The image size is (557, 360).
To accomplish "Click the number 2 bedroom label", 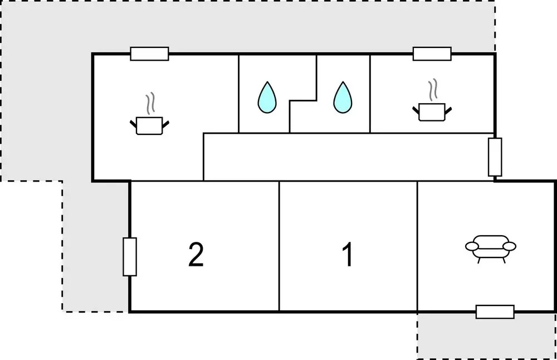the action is click(x=196, y=254).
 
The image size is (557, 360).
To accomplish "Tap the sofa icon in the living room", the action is click(x=491, y=248).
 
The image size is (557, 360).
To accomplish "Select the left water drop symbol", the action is click(x=266, y=98).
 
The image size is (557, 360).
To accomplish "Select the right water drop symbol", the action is click(x=343, y=98).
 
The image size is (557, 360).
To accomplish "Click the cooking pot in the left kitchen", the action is click(x=149, y=125).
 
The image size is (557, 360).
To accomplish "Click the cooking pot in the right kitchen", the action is click(x=432, y=112).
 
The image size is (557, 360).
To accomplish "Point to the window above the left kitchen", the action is click(x=149, y=53).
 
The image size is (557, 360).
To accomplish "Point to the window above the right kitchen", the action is click(x=432, y=53).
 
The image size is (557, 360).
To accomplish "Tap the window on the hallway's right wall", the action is click(x=495, y=157).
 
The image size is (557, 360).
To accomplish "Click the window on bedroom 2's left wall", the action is click(x=130, y=256).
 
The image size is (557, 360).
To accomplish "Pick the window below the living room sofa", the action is click(x=495, y=312).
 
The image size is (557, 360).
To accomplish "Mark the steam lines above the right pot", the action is click(x=433, y=90).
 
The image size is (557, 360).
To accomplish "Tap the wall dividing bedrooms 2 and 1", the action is click(x=279, y=246).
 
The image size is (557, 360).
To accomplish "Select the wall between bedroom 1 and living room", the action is click(x=417, y=246).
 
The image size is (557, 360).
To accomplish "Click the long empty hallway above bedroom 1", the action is click(x=348, y=157).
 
